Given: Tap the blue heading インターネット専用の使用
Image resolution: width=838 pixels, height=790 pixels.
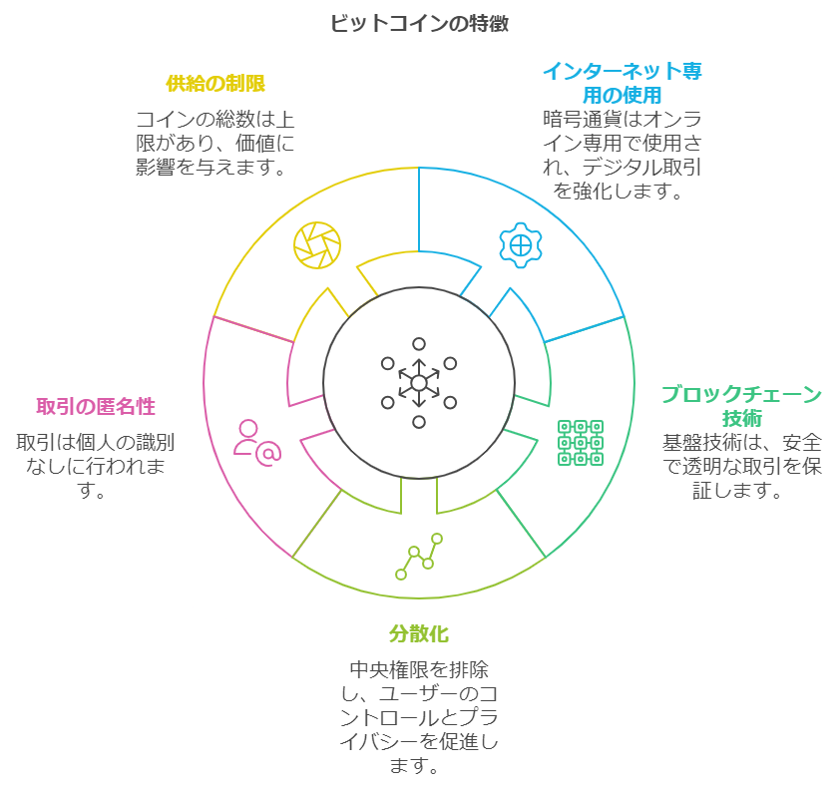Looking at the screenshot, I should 622,83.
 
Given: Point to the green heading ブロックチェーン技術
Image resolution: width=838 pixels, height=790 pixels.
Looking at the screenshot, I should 741,405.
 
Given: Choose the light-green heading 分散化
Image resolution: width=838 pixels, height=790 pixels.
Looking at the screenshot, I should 419,633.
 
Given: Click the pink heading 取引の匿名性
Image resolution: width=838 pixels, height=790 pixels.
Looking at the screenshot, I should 96,406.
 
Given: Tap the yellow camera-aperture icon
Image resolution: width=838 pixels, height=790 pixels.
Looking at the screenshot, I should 317,243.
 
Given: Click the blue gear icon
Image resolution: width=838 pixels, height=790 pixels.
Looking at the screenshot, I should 520,243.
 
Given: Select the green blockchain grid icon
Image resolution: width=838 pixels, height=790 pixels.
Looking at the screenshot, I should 580,443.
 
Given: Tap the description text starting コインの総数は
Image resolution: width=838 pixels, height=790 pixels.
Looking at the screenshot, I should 215,144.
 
